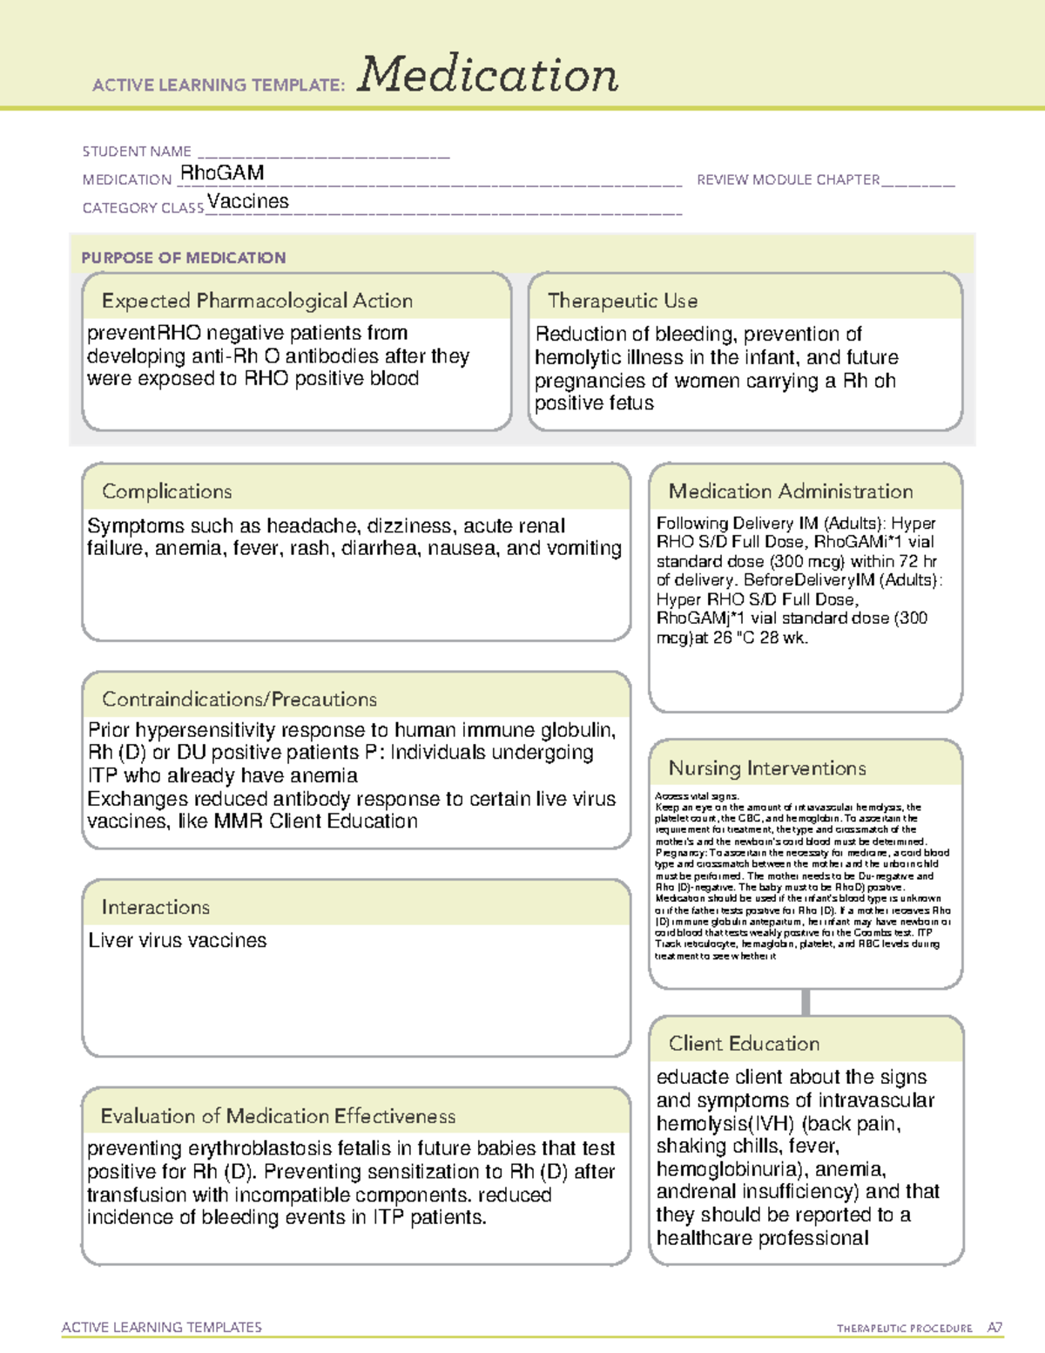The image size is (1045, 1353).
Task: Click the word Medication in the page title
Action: coord(488,75)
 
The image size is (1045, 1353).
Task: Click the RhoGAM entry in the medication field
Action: coord(222,173)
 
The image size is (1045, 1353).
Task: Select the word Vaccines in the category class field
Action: coord(248,201)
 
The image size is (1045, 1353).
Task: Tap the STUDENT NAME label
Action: coord(137,152)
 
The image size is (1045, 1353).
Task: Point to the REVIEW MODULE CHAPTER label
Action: coord(788,179)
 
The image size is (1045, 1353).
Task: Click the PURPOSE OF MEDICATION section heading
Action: coord(184,258)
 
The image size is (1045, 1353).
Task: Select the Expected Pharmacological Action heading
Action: coord(257,301)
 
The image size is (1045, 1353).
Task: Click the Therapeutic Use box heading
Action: coord(623,301)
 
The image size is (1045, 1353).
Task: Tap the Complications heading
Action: coord(167,492)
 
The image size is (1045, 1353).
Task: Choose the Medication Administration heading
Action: coord(791,492)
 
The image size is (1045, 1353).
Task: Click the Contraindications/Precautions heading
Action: coord(239,700)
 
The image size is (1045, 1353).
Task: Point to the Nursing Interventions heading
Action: coord(767,768)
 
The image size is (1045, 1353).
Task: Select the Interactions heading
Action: coord(156,908)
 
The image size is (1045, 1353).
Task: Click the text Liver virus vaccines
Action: coord(178,941)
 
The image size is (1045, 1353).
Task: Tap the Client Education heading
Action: coord(745,1044)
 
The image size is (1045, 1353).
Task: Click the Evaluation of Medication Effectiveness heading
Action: coord(278,1117)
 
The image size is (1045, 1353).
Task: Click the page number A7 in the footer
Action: coord(994,1328)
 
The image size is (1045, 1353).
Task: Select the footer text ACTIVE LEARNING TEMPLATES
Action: coord(162,1327)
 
